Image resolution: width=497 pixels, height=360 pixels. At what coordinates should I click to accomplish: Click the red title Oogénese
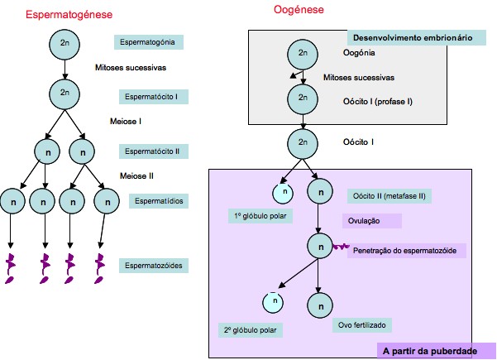point(299,10)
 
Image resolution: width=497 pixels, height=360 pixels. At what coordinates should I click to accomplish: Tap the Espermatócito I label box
point(151,97)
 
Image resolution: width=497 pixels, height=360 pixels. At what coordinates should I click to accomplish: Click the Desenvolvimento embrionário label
point(412,38)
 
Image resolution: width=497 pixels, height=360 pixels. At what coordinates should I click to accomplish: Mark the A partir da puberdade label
point(429,351)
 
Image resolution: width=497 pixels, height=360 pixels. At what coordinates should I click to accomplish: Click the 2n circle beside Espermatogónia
point(65,41)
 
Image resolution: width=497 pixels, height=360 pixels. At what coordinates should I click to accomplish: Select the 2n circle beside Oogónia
point(303,54)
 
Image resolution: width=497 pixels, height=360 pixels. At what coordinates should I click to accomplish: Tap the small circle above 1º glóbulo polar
point(284,192)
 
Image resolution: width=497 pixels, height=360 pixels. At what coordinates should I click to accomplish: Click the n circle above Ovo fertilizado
point(318,302)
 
